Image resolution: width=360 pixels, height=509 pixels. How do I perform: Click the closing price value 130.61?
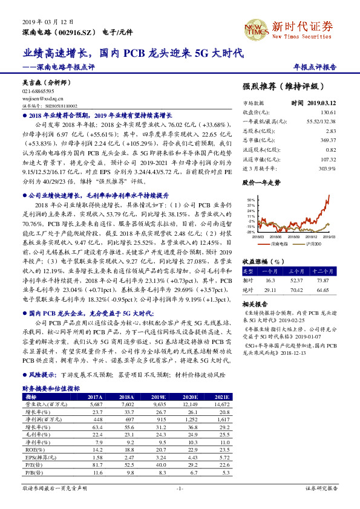tap(327, 112)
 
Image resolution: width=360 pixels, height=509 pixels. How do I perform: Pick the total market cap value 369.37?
tap(327, 140)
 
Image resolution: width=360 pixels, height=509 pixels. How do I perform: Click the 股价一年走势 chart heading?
tap(261, 181)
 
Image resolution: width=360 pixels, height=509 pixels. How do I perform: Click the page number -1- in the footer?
tap(180, 487)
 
